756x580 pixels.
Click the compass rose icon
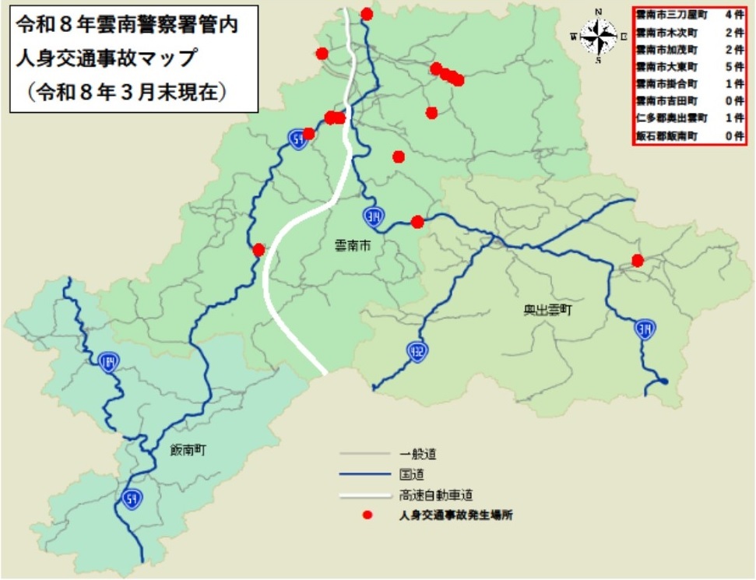tap(598, 35)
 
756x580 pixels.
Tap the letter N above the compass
tap(599, 11)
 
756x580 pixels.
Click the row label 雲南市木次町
tap(666, 32)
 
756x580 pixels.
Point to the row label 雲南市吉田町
tap(666, 101)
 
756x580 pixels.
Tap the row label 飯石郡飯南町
tap(666, 136)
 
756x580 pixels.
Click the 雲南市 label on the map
tap(351, 246)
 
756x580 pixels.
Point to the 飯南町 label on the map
tap(191, 450)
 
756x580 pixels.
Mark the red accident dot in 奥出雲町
tap(638, 261)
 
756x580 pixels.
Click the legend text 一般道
tap(418, 453)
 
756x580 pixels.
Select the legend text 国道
tap(412, 473)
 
